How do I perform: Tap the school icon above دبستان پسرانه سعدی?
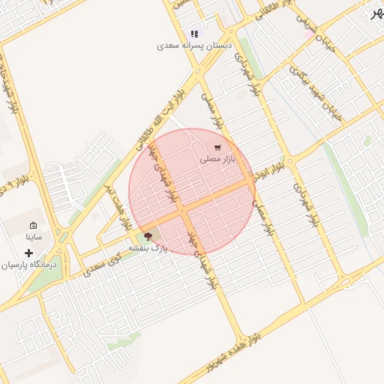click(x=195, y=34)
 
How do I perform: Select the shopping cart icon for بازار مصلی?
click(x=217, y=148)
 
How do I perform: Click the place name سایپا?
click(x=33, y=236)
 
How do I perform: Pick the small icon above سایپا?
click(x=33, y=225)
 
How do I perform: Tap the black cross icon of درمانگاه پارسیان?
click(x=28, y=253)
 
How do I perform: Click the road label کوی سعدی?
click(x=104, y=263)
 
